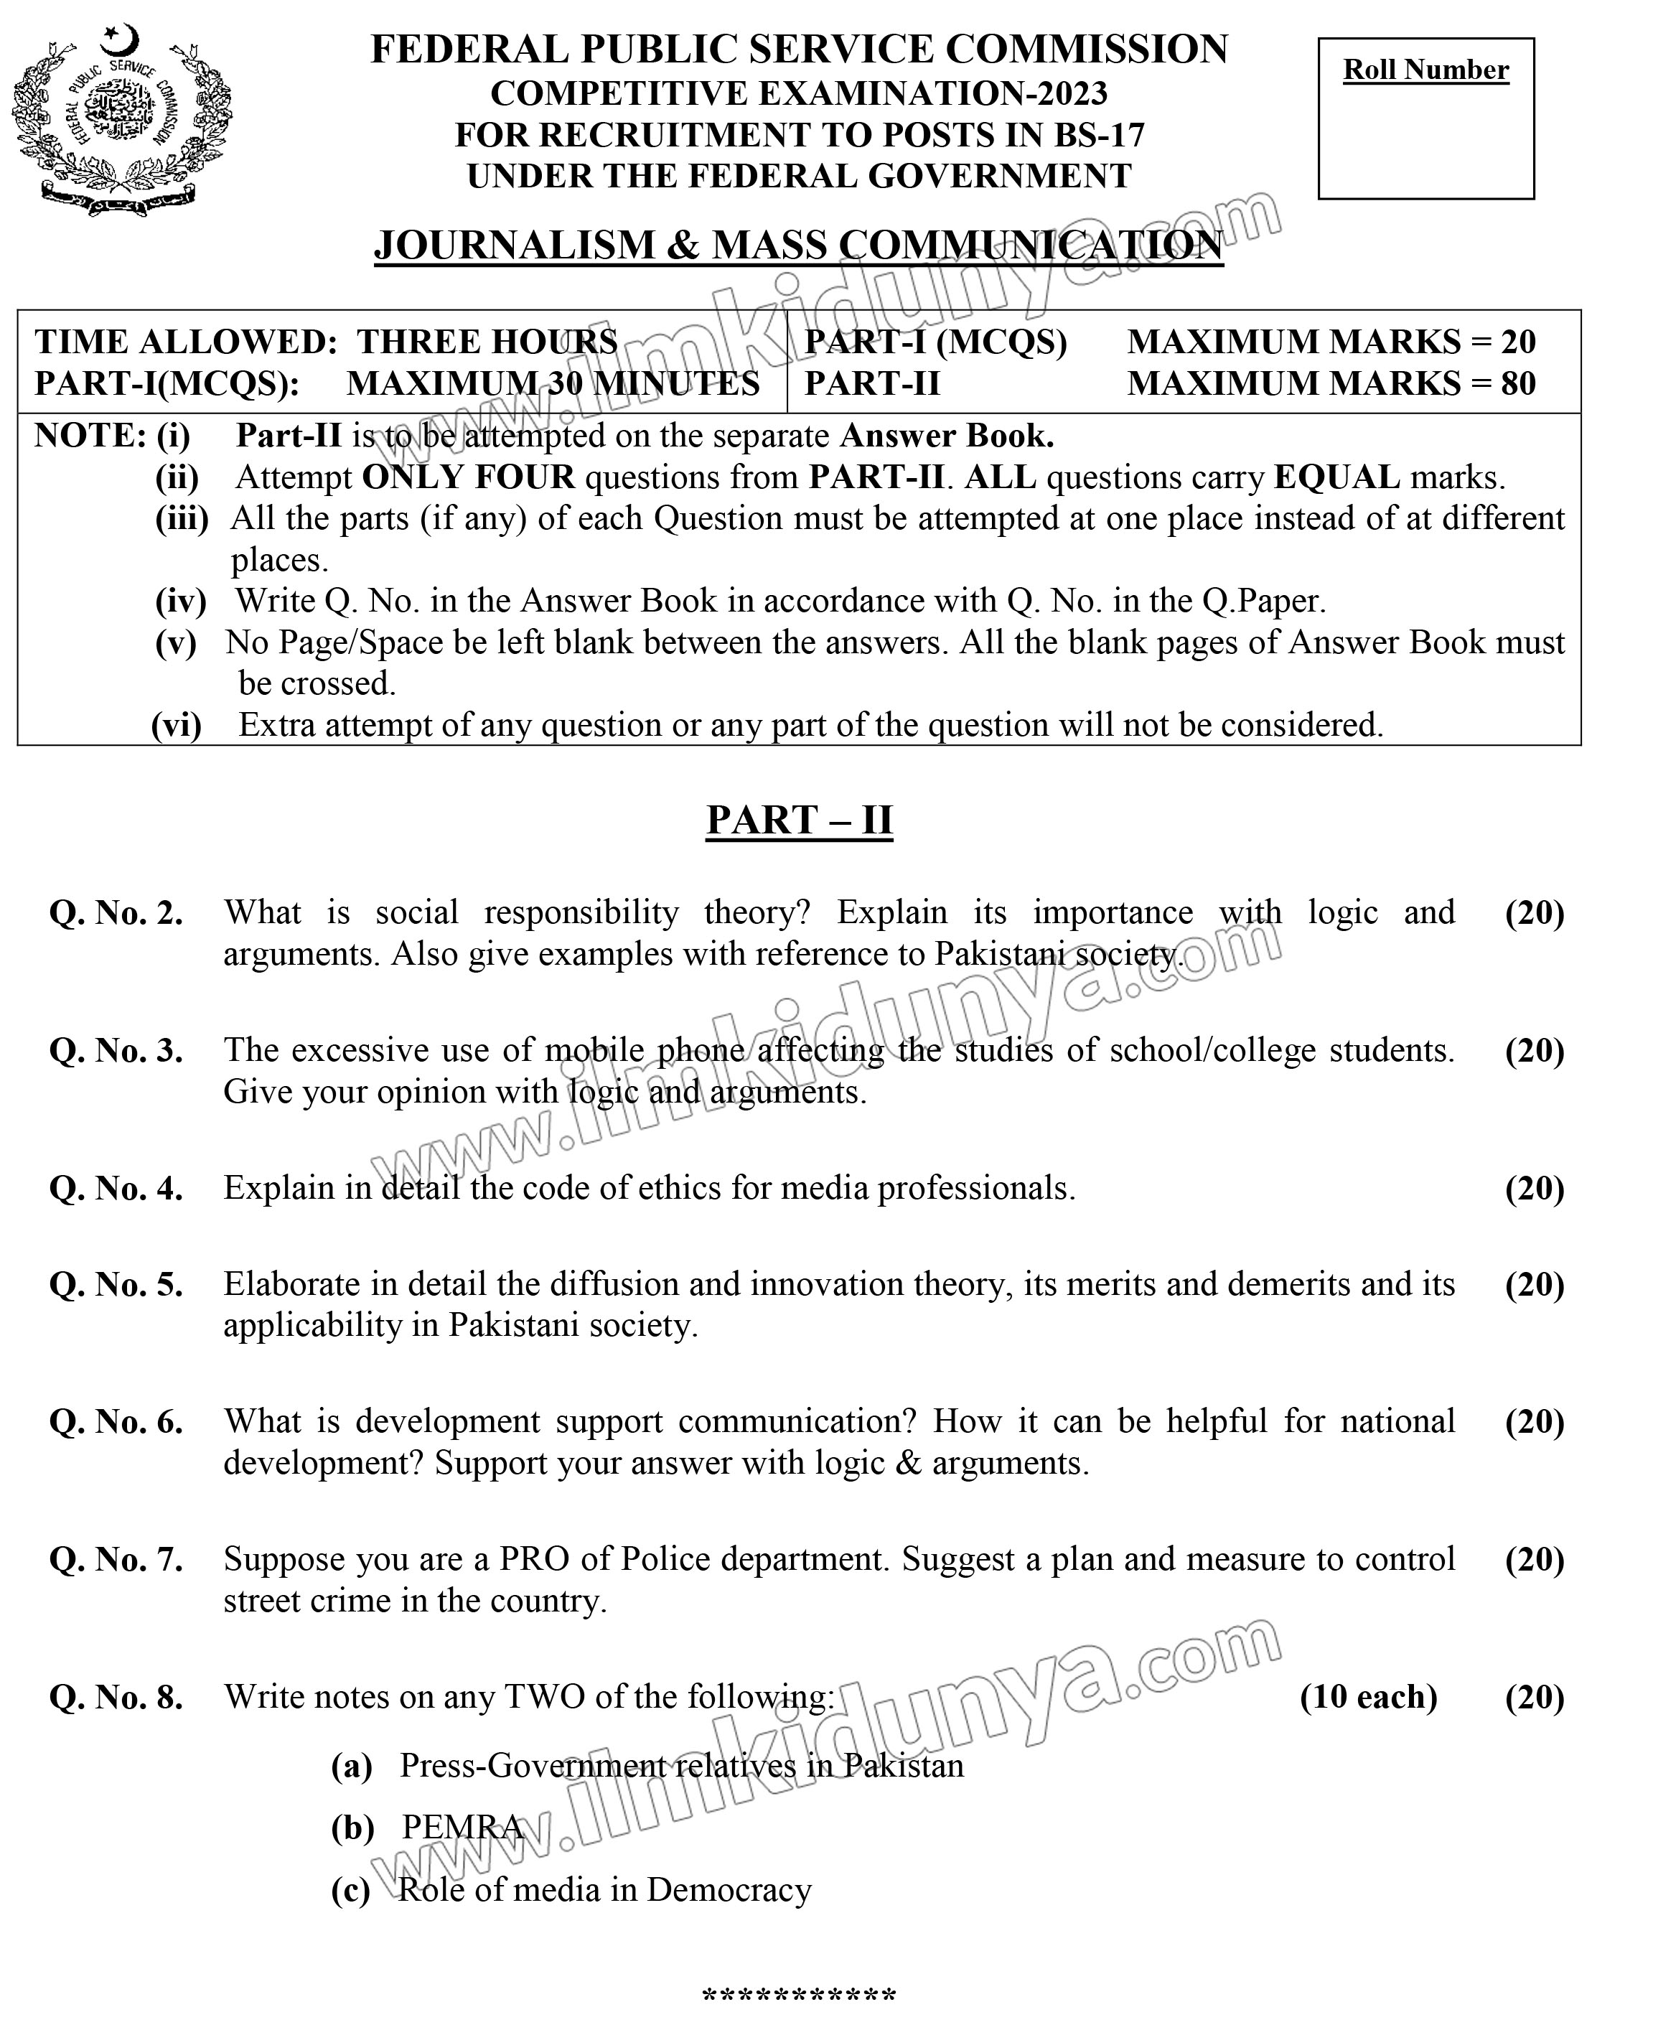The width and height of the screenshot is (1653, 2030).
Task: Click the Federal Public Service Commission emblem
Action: click(122, 120)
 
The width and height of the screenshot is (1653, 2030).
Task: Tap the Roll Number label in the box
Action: click(1425, 70)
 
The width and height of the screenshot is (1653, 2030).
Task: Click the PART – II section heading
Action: click(799, 820)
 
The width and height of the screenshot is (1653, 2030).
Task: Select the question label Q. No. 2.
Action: click(116, 913)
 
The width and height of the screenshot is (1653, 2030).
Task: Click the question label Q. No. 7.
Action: click(116, 1560)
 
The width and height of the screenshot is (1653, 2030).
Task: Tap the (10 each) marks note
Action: click(1368, 1697)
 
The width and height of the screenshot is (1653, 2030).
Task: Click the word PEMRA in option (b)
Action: click(463, 1827)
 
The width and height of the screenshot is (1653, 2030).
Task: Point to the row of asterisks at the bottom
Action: click(799, 1994)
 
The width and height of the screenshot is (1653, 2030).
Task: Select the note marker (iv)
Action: click(181, 601)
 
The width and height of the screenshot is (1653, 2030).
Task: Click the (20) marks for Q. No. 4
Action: click(1534, 1188)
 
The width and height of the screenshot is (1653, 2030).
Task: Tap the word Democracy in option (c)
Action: click(729, 1890)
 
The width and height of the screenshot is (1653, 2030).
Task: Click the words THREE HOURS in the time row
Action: click(487, 342)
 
